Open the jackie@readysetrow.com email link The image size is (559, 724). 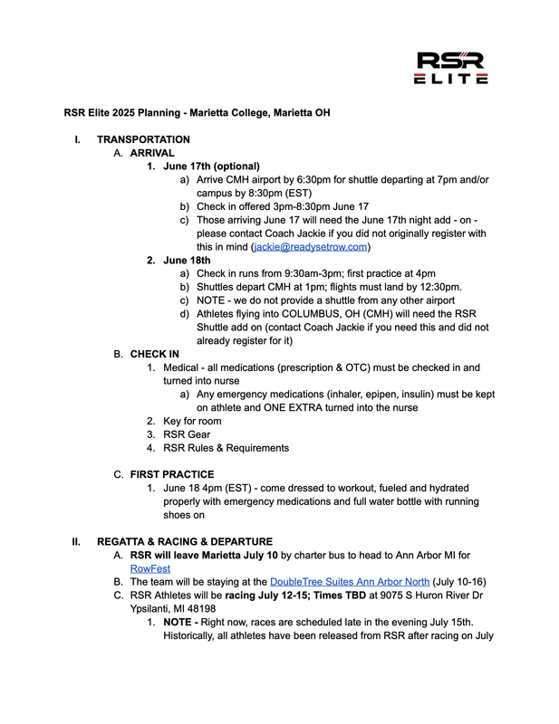point(311,246)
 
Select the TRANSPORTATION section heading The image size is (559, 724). point(143,139)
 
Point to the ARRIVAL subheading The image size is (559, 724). point(155,153)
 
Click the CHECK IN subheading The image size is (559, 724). point(154,354)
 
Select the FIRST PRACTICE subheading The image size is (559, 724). point(172,474)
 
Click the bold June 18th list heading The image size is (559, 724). point(187,260)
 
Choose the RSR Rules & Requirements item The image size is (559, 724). point(226,448)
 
